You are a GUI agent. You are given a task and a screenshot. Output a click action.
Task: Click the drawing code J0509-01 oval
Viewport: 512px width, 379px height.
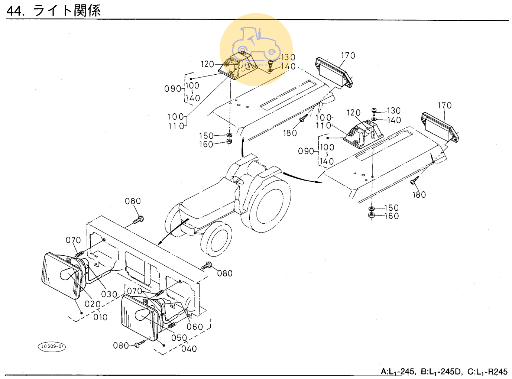[52, 347]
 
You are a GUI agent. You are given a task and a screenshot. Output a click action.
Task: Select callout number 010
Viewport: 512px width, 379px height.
[100, 317]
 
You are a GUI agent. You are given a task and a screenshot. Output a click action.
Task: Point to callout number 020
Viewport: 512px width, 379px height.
[93, 304]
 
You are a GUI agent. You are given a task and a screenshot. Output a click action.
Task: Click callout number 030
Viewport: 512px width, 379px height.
[109, 294]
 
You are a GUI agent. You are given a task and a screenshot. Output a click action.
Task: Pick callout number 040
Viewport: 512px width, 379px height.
[189, 349]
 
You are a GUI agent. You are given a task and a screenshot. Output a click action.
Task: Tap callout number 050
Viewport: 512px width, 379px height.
[179, 338]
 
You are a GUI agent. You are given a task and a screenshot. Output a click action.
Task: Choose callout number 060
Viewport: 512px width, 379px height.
[195, 327]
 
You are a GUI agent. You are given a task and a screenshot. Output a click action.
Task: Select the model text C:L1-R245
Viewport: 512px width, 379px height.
[487, 372]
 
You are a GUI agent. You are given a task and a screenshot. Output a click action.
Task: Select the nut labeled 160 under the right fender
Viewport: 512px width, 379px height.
[371, 216]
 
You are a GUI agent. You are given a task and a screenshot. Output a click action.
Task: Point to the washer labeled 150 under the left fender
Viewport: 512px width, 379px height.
[229, 135]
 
